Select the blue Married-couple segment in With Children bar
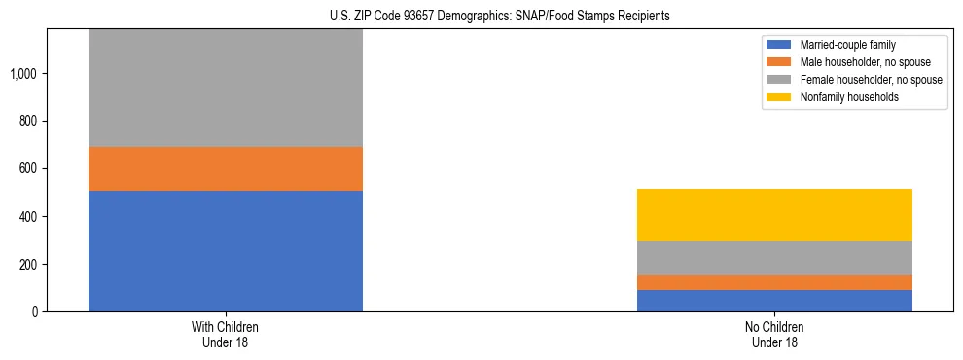point(226,250)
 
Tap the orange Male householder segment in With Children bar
point(226,168)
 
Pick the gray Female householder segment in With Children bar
point(226,88)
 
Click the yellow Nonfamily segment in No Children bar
point(774,215)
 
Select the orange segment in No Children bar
point(774,282)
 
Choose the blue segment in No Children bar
point(774,300)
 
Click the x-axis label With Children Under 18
point(226,334)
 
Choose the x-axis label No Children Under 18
point(774,334)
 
